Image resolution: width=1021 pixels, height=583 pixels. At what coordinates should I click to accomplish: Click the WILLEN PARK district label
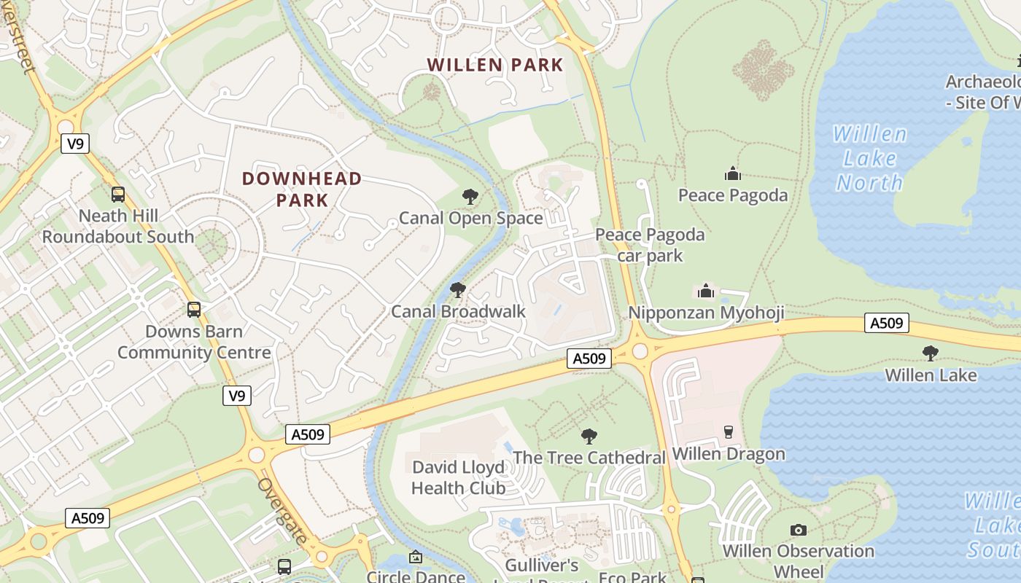point(495,65)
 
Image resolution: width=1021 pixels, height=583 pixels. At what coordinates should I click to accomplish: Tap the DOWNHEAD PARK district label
point(302,189)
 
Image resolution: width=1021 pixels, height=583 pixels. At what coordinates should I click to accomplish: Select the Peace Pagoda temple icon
point(732,173)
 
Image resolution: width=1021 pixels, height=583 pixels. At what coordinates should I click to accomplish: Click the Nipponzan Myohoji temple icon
point(705,291)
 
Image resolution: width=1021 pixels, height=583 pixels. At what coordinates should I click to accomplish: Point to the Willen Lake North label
point(869,158)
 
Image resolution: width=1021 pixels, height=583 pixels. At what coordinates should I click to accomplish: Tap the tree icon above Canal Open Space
point(470,196)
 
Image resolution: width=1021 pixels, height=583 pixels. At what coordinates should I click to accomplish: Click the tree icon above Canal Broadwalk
point(458,290)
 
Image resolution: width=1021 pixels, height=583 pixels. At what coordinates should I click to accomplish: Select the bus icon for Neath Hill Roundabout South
point(117,195)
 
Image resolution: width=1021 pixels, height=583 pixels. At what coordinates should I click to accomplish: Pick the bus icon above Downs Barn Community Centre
point(193,309)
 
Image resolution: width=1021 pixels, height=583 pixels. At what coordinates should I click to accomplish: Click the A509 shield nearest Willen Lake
point(887,322)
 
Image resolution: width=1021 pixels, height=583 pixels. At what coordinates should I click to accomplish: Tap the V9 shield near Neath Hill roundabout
point(74,144)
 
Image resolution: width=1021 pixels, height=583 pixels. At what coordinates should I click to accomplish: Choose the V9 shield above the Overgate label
point(236,396)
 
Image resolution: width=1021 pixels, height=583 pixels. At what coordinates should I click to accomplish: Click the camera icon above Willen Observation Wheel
point(799,530)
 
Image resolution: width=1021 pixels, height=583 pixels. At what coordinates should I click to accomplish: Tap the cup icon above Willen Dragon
point(728,432)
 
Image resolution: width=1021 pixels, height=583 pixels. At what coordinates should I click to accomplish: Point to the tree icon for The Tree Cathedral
point(589,437)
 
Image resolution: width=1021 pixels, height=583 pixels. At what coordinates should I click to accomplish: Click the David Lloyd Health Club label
point(458,477)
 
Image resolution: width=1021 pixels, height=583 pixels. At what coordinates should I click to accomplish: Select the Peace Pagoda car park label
point(650,245)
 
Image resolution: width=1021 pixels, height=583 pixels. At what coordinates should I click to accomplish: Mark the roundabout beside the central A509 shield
point(640,351)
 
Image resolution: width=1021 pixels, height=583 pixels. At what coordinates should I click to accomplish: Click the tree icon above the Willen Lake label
point(930,353)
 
